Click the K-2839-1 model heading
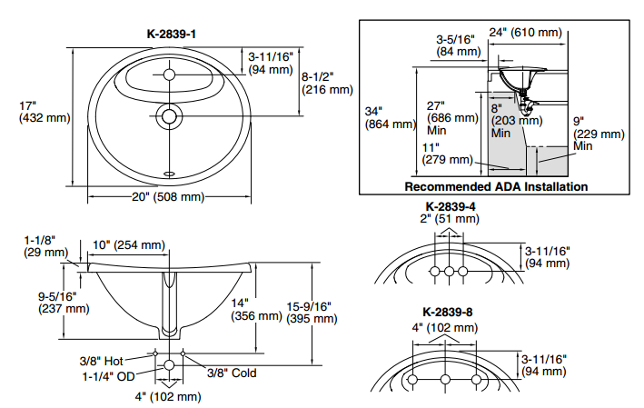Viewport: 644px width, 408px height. pos(172,35)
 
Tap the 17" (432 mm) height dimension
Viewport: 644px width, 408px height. pos(31,111)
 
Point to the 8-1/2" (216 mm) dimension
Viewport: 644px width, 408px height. pos(328,83)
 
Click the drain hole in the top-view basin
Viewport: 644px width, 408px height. pos(170,115)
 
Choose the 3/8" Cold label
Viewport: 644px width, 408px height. pos(231,373)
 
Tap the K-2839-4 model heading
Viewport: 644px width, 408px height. pos(451,206)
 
